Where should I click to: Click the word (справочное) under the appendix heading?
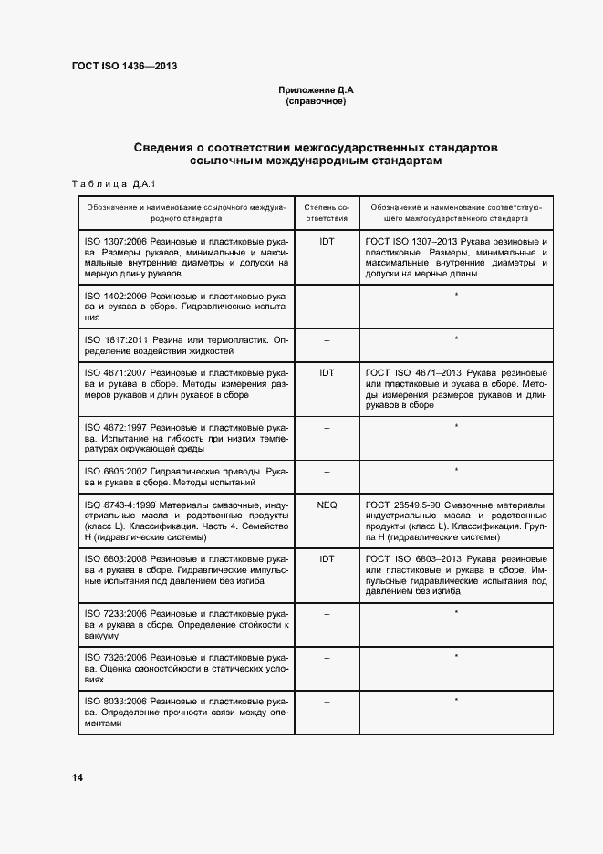315,101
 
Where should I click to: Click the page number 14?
78,777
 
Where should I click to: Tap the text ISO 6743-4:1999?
120,504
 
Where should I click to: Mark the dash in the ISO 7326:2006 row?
327,657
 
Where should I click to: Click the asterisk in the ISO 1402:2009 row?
455,295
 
